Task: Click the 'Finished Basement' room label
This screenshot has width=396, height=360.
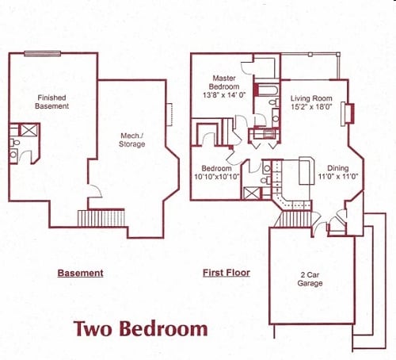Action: pos(51,102)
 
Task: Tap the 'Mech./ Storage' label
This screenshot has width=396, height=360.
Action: pos(132,140)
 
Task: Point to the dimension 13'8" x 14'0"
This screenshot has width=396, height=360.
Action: pos(226,94)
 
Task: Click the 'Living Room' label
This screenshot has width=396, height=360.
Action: pos(310,98)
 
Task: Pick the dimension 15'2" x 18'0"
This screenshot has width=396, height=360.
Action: pos(310,108)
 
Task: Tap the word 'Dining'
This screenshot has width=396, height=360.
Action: pos(337,168)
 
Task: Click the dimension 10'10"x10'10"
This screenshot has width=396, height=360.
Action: pos(216,178)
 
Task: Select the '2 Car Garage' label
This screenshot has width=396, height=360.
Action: pos(310,278)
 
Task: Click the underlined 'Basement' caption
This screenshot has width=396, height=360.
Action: pos(80,274)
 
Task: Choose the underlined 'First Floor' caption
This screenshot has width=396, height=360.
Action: pos(226,273)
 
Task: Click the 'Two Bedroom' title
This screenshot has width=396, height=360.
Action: pos(141,328)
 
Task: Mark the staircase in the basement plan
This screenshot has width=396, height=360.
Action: pos(101,217)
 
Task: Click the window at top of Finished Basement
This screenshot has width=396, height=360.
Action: pos(42,53)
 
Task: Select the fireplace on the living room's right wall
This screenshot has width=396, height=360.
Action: pos(345,114)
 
